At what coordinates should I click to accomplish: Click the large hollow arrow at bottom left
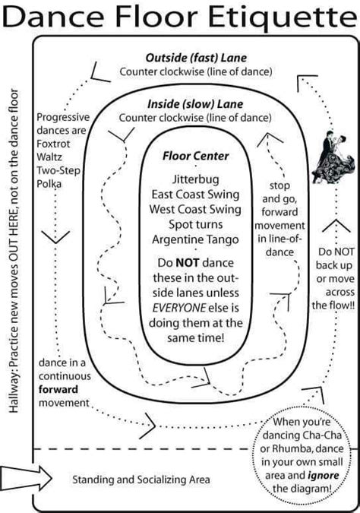(24, 480)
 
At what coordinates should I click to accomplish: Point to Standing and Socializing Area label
(141, 480)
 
